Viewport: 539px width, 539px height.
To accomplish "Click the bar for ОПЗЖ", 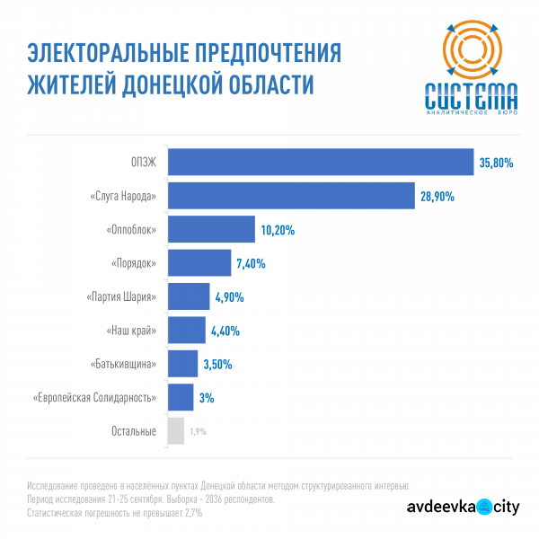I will click(x=321, y=163).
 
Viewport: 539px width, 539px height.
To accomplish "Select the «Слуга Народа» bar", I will click(x=291, y=196).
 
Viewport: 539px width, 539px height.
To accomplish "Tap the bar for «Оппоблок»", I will click(x=211, y=230).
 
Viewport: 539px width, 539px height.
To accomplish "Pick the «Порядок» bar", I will click(x=199, y=263).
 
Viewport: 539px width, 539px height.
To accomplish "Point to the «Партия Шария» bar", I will click(x=188, y=296).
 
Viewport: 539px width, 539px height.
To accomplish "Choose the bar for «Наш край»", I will click(x=186, y=330).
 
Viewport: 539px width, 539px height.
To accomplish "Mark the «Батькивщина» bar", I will click(x=182, y=364).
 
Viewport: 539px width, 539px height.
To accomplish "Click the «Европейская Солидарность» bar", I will click(x=180, y=397).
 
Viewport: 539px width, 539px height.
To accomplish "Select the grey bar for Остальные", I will click(x=175, y=430).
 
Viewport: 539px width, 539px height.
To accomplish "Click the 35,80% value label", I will click(x=496, y=163).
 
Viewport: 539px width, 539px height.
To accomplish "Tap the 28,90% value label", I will click(x=437, y=196).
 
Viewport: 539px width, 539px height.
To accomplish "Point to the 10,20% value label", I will click(x=278, y=230).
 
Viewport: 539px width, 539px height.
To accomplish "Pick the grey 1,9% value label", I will click(x=198, y=431).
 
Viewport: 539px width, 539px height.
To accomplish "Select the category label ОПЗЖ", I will click(x=144, y=163).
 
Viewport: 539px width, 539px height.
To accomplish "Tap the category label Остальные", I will click(x=133, y=431).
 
